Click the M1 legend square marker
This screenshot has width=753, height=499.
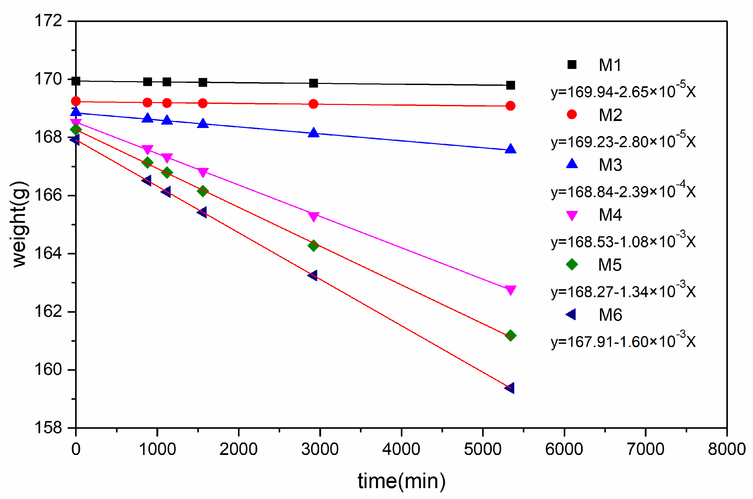[x=572, y=65]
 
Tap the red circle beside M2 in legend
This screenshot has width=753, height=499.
[x=572, y=114]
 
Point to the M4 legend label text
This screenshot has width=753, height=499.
[x=610, y=215]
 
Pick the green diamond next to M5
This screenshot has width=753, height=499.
[x=572, y=264]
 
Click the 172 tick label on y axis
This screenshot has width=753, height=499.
[x=48, y=21]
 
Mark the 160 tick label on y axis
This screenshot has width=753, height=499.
[x=48, y=369]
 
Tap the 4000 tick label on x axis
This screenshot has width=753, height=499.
[x=401, y=449]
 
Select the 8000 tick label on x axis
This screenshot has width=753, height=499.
[x=727, y=449]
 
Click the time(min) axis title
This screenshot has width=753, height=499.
[x=401, y=481]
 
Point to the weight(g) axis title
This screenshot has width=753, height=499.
[x=20, y=224]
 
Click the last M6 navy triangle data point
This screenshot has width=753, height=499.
[x=510, y=388]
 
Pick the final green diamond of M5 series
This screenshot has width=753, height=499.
[x=510, y=336]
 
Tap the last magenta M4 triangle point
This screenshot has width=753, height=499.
[x=510, y=290]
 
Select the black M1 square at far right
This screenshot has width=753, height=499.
[x=510, y=85]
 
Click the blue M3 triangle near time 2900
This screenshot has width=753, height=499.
[x=314, y=132]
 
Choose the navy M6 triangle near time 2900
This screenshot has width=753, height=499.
[x=313, y=275]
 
